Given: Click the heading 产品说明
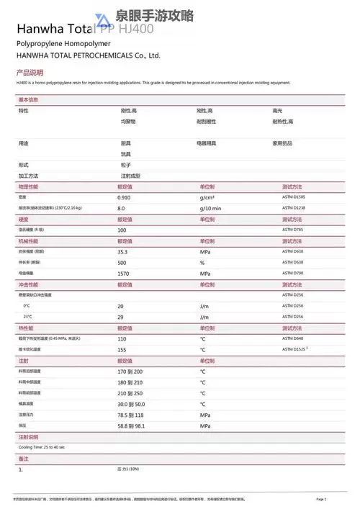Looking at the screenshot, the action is tap(30, 73).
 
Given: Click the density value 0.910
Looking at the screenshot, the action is tap(125, 197).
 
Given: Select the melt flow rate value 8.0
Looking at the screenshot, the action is tap(122, 208).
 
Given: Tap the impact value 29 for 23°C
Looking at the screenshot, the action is tap(121, 317).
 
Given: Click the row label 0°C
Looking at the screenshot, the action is tap(27, 306).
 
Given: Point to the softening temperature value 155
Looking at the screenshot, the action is tap(122, 349).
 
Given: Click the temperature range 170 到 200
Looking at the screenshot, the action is tap(131, 371).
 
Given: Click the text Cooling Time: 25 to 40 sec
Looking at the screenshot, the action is tap(42, 447).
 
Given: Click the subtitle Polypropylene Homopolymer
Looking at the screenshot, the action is tap(58, 44).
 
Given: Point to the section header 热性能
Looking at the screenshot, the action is tap(25, 328).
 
